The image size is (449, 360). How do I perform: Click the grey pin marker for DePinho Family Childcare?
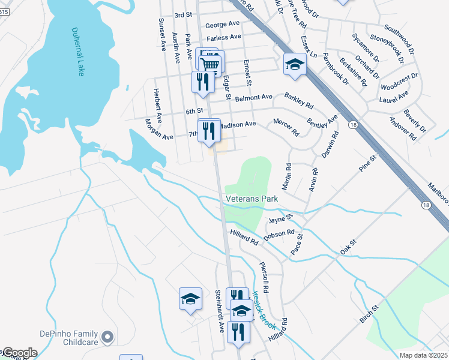tap(108, 338)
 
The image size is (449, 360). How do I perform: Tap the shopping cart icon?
tap(211, 64)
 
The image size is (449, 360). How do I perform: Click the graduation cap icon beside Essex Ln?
tap(295, 64)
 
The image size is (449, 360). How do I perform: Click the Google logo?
tap(19, 353)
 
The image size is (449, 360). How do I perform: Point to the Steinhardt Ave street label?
tap(219, 309)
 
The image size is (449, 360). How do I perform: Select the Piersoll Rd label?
tap(264, 277)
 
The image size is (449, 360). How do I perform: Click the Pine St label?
tap(367, 164)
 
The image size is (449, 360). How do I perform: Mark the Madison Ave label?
tap(237, 125)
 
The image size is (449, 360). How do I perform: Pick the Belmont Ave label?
tap(254, 97)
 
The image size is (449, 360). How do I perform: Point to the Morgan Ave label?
tap(159, 130)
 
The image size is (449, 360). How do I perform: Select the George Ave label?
tap(222, 25)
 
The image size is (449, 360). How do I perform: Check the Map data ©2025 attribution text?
tap(423, 355)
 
